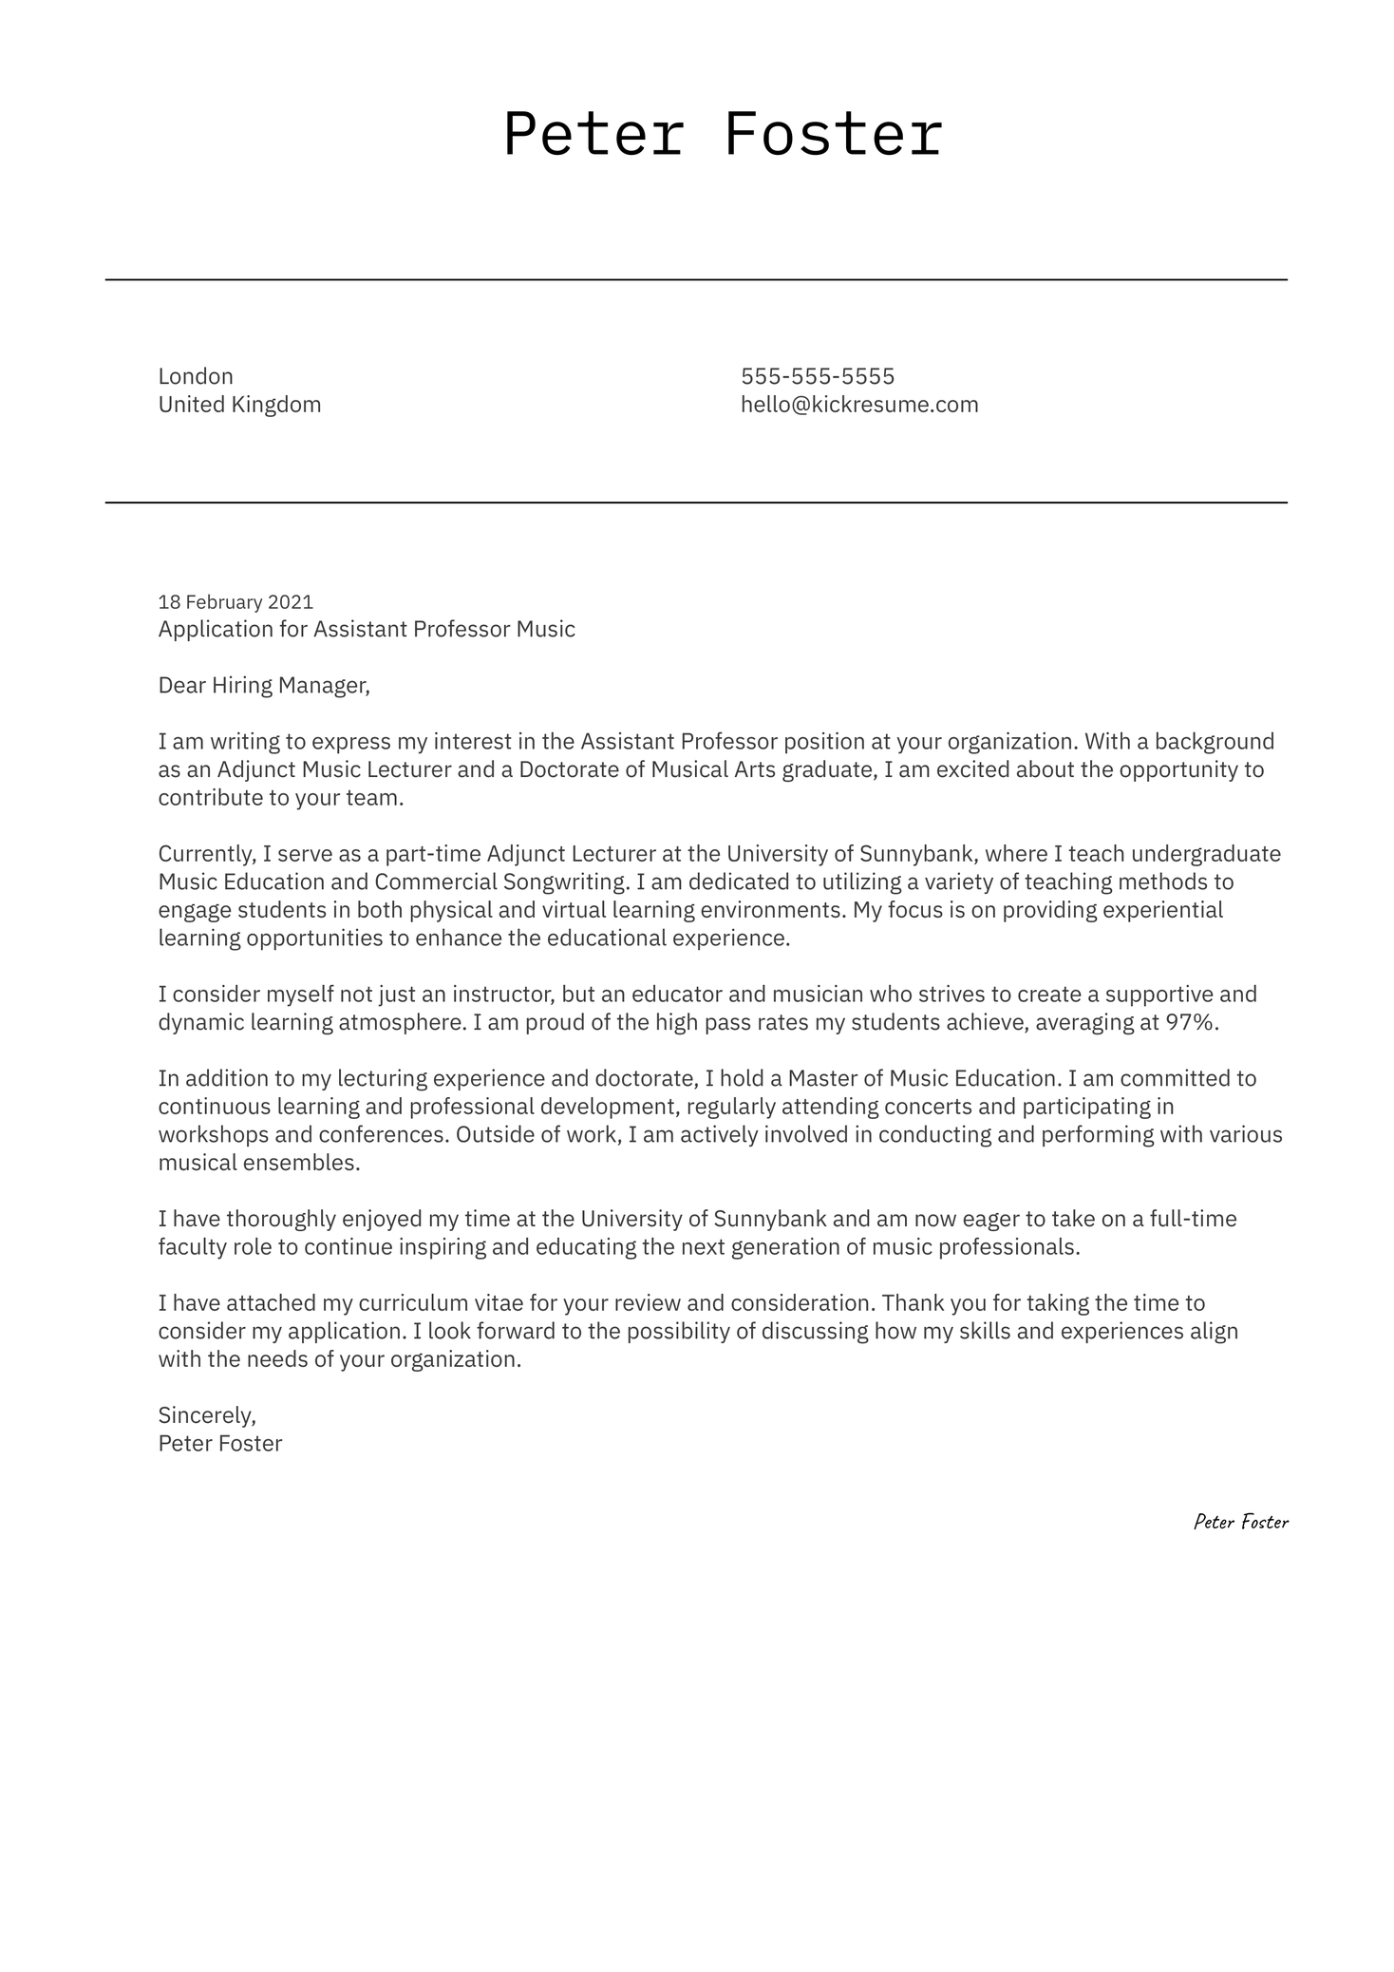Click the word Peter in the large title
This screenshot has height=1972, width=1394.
click(x=593, y=134)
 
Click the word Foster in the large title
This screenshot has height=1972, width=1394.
click(x=833, y=134)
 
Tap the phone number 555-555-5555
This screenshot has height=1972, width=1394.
click(x=818, y=376)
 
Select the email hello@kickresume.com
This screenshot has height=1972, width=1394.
click(x=859, y=405)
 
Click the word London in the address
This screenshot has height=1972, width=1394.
click(x=196, y=376)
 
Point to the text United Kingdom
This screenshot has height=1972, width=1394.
click(x=239, y=405)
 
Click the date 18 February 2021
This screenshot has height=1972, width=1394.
click(x=235, y=602)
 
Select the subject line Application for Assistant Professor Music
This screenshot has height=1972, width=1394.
click(x=367, y=629)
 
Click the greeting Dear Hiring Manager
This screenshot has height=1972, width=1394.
click(x=263, y=685)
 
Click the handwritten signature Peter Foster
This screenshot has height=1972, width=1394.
click(x=1240, y=1522)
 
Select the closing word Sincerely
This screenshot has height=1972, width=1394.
click(x=207, y=1415)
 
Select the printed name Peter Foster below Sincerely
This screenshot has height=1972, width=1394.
click(x=220, y=1444)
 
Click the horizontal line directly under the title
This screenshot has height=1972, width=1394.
click(x=696, y=280)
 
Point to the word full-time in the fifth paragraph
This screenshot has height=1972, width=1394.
click(x=1193, y=1219)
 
